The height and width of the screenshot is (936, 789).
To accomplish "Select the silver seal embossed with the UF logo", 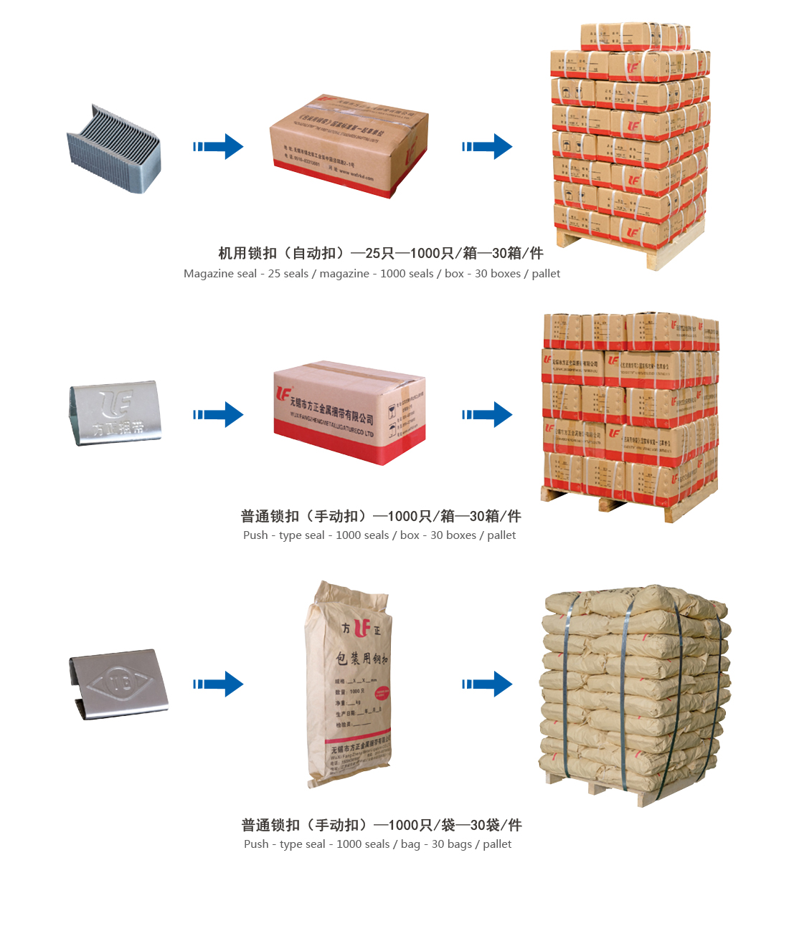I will pyautogui.click(x=115, y=413).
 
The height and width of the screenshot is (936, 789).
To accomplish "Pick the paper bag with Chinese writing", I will pyautogui.click(x=350, y=684).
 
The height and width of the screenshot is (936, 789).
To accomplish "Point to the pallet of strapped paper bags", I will pyautogui.click(x=634, y=692).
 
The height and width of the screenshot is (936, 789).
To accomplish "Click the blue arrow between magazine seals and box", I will pyautogui.click(x=219, y=146).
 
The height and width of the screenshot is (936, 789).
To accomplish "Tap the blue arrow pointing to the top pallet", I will pyautogui.click(x=488, y=146).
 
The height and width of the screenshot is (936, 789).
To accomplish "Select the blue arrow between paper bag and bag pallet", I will pyautogui.click(x=488, y=684).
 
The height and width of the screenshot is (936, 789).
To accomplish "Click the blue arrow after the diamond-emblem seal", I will pyautogui.click(x=219, y=684).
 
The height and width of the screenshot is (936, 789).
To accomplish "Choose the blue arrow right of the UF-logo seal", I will pyautogui.click(x=219, y=414).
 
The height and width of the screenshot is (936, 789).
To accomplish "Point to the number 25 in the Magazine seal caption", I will pyautogui.click(x=274, y=274).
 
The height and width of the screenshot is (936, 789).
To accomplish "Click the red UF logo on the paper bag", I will pyautogui.click(x=362, y=629).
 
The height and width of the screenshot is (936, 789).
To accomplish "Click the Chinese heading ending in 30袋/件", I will pyautogui.click(x=382, y=825).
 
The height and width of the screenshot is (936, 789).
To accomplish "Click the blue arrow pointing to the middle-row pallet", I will pyautogui.click(x=488, y=414).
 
